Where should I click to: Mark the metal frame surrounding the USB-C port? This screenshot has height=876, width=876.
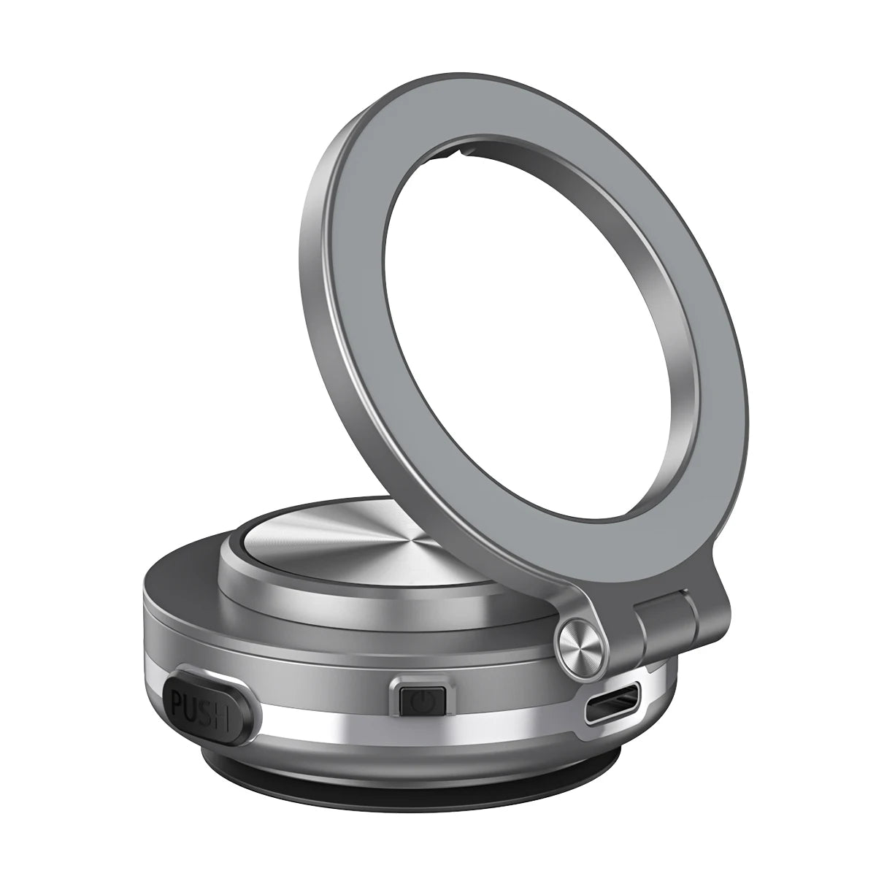(612, 645)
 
